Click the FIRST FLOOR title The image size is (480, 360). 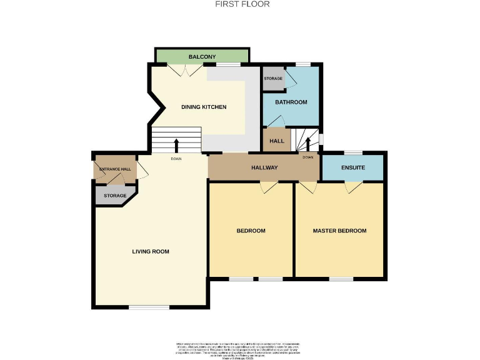pos(242,4)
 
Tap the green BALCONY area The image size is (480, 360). pos(202,56)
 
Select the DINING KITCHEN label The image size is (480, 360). pos(204,107)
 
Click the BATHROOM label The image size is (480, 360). pos(291,102)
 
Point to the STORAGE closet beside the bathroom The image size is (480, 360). pos(273,79)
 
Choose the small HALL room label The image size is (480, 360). pos(276,141)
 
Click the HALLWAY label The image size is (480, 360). pos(264,167)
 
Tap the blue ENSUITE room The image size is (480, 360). pos(352,167)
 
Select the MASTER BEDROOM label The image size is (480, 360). pos(339,231)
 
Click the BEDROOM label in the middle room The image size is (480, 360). pos(251,231)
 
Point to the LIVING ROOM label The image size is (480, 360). pos(151,251)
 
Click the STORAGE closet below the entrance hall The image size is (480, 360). pos(114,196)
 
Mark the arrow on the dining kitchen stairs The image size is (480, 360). pos(176,145)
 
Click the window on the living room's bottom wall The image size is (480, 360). pos(149,307)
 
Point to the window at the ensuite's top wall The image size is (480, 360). pos(353,152)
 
